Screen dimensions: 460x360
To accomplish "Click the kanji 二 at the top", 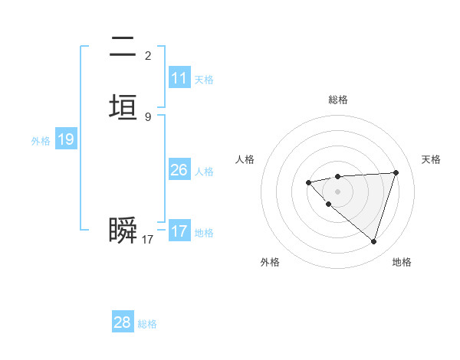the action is (x=123, y=47).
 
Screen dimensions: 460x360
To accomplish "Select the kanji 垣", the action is (x=123, y=107).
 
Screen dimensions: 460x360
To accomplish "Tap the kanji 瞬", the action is (x=123, y=231).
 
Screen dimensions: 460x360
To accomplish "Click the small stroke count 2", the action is (x=148, y=56).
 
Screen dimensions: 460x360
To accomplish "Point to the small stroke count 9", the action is (x=148, y=117).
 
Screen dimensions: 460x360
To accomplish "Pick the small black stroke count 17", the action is (x=148, y=240).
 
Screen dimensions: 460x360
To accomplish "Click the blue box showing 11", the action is (x=179, y=78).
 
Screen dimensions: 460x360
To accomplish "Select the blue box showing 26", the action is (x=179, y=170).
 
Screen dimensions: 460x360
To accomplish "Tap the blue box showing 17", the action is (x=179, y=231).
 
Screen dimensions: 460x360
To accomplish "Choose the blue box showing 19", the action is (x=66, y=140).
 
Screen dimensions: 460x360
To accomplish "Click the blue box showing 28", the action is (x=123, y=322).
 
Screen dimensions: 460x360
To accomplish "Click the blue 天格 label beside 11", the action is (x=204, y=79).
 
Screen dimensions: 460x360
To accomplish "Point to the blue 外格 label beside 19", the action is (x=41, y=141).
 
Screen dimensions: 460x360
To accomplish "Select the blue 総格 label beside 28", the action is (x=147, y=323).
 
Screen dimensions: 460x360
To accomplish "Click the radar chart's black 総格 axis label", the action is (x=337, y=100).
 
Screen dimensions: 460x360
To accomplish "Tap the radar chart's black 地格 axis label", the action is (x=402, y=262).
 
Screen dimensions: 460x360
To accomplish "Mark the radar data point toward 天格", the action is (x=396, y=172).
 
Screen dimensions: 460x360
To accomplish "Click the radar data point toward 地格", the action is (x=373, y=241).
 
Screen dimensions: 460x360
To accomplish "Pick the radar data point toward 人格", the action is (x=308, y=182).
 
